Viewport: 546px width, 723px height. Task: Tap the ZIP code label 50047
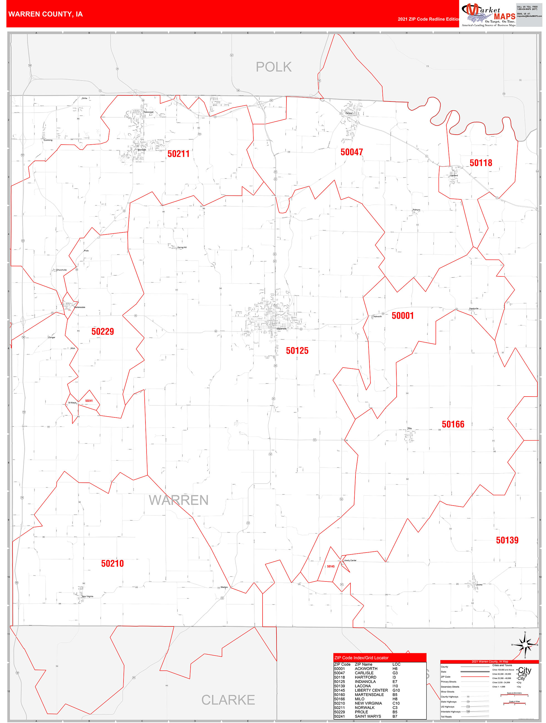[x=352, y=152]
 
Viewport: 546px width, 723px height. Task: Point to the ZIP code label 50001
[x=402, y=315]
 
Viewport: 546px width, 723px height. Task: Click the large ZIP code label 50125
[x=297, y=351]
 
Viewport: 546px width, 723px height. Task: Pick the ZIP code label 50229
[x=103, y=331]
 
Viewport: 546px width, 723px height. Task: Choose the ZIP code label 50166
[x=453, y=424]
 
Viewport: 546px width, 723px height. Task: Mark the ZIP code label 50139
[x=507, y=540]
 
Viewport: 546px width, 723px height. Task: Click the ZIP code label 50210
[x=112, y=563]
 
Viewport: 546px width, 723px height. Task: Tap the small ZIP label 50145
[x=330, y=566]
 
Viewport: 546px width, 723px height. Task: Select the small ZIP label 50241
[x=89, y=401]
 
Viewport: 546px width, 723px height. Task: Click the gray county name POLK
[x=273, y=67]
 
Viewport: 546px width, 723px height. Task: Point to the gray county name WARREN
[x=179, y=500]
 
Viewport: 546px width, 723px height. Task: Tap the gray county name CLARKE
[x=228, y=700]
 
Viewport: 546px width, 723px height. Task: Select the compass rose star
[x=525, y=645]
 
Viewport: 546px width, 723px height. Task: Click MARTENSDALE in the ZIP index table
[x=369, y=695]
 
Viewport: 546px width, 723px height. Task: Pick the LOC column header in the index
[x=396, y=664]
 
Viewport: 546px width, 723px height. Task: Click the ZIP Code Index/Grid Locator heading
[x=361, y=658]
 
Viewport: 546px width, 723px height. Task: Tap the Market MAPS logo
[x=488, y=15]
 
